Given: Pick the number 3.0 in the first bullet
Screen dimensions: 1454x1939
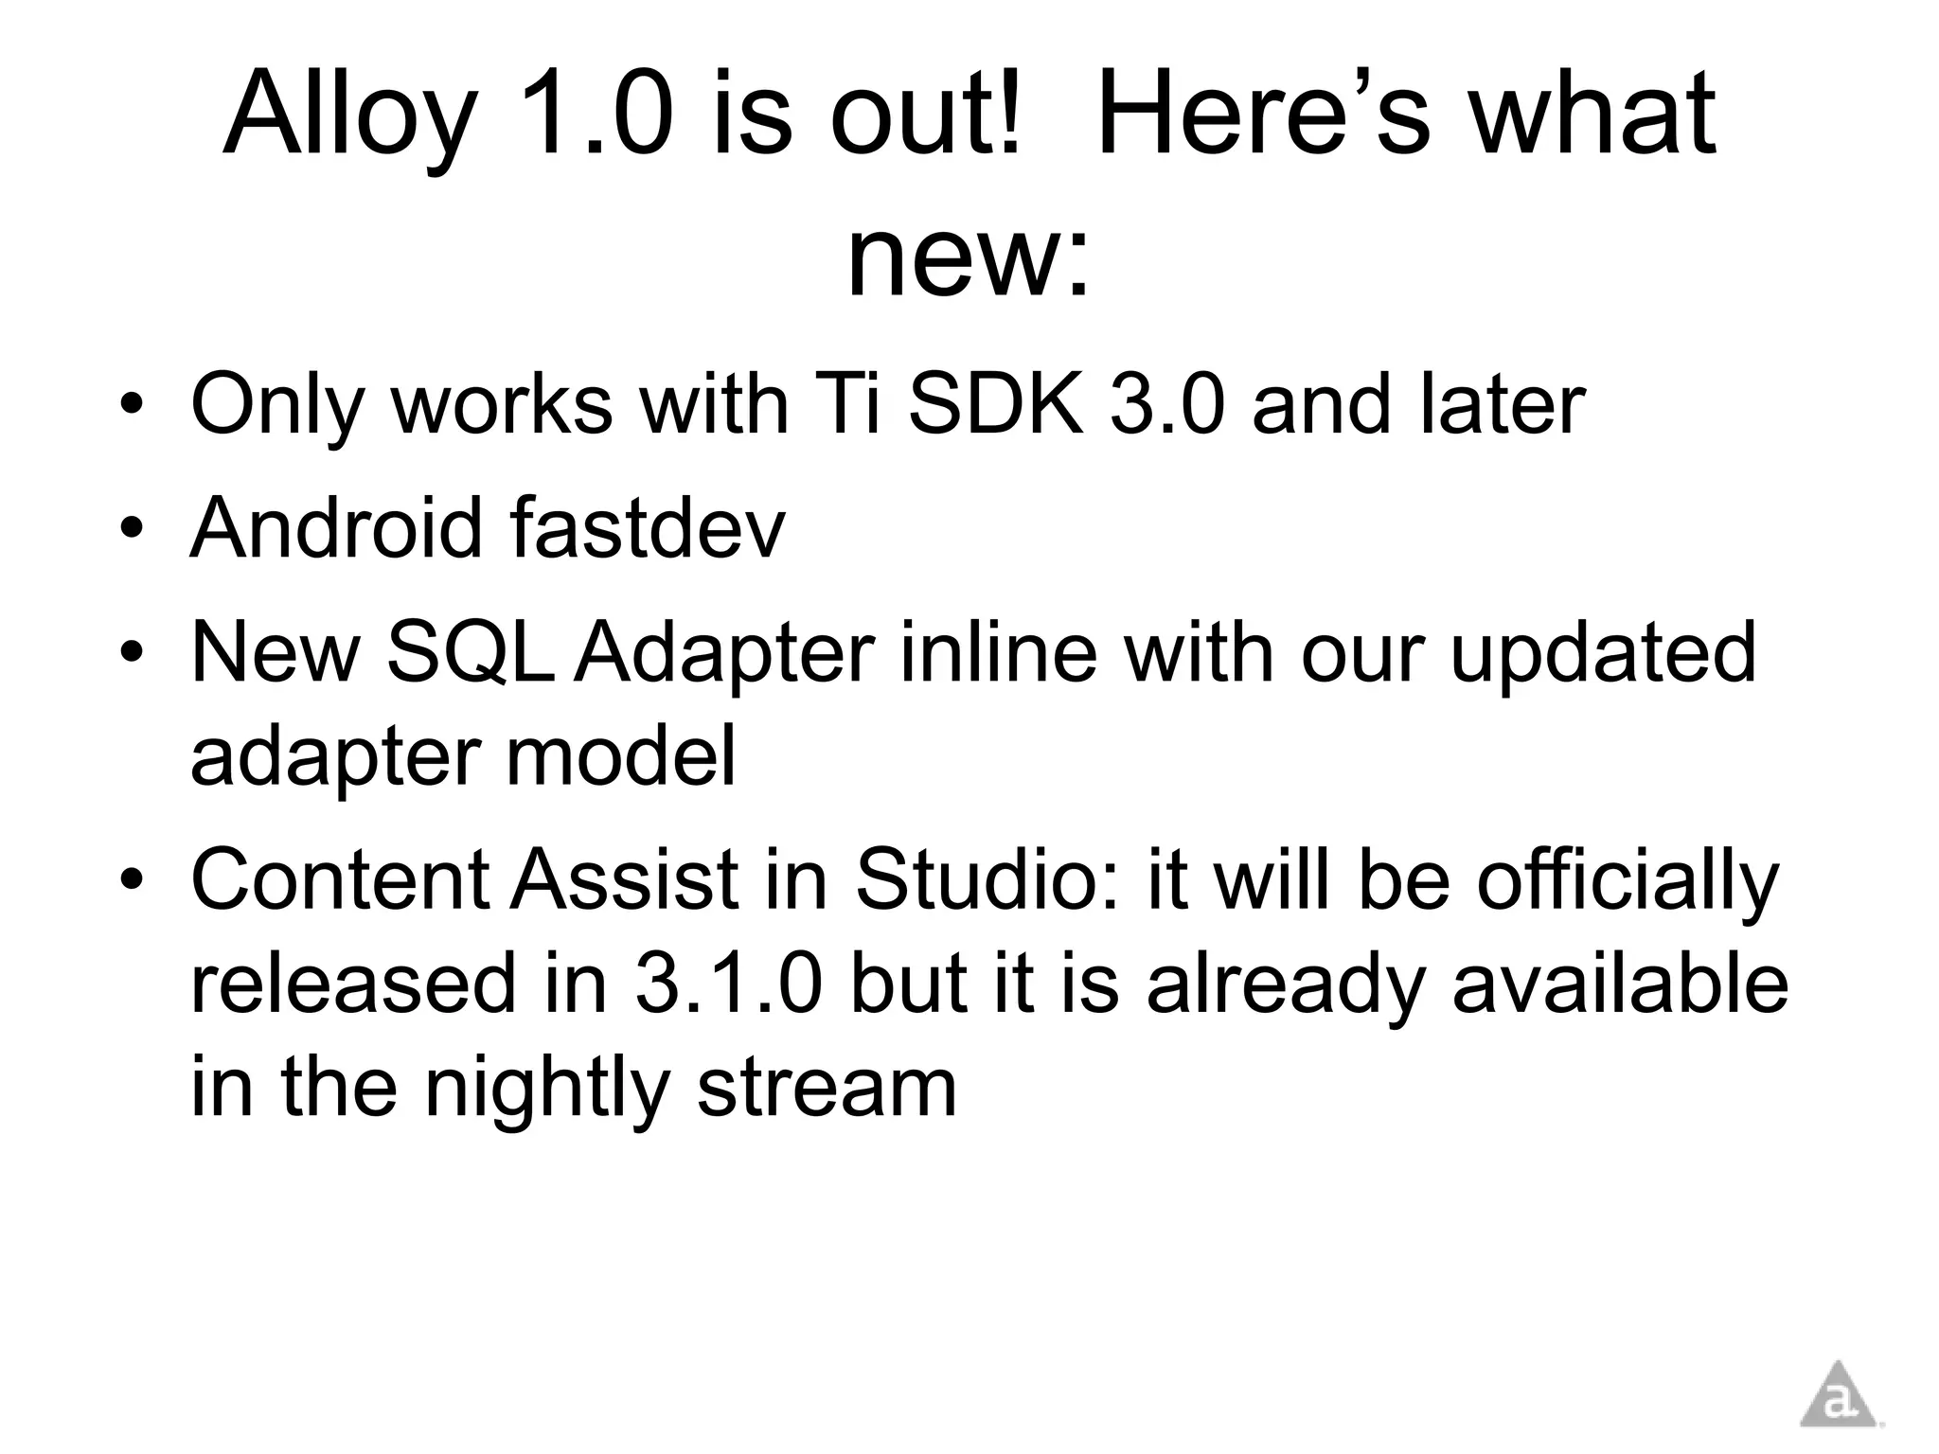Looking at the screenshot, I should point(1167,404).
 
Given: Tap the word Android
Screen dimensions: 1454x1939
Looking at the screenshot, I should point(336,527).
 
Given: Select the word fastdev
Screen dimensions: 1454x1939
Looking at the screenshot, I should point(648,527).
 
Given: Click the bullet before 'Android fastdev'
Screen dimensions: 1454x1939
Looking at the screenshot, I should point(132,528).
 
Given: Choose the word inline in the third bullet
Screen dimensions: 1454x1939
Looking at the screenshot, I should point(998,652).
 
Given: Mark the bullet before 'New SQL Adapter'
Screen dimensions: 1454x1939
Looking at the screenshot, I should point(132,653).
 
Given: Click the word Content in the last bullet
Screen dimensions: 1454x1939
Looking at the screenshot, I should point(340,878).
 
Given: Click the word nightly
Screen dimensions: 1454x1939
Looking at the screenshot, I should point(547,1089).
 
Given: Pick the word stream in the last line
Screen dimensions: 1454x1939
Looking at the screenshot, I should point(827,1089).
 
